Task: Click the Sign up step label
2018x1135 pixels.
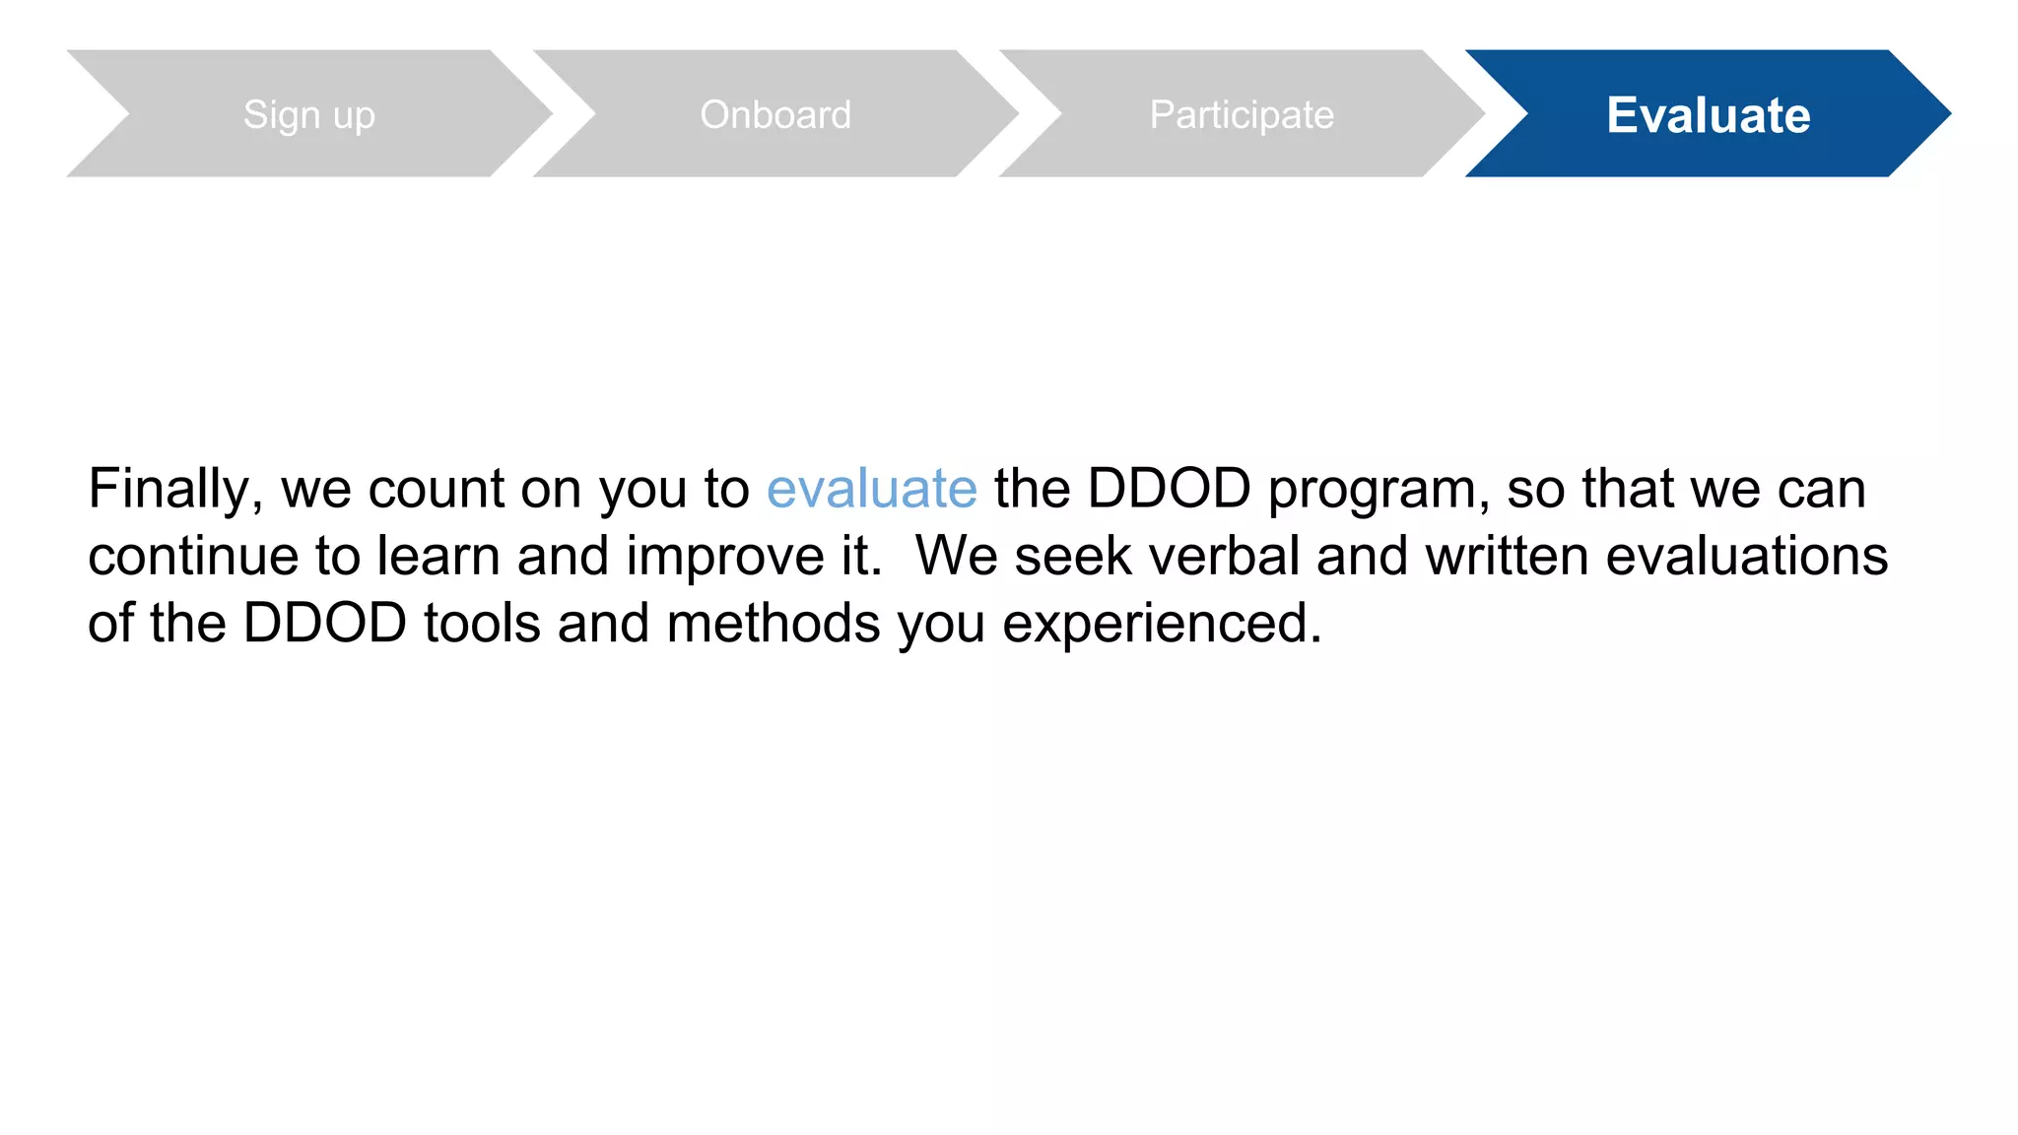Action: [x=308, y=115]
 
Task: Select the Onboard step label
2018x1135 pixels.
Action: [x=775, y=115]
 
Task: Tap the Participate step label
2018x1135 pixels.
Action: [x=1242, y=115]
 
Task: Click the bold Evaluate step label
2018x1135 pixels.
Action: [x=1708, y=115]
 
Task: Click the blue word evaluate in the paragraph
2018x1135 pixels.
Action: [x=871, y=489]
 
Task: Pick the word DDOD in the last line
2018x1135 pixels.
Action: [x=324, y=624]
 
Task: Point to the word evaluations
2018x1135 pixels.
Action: [x=1746, y=556]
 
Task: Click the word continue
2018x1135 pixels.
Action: [x=193, y=556]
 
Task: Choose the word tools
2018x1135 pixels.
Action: [x=482, y=624]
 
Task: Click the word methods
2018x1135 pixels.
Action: [x=773, y=624]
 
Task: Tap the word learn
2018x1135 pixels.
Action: [x=438, y=556]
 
